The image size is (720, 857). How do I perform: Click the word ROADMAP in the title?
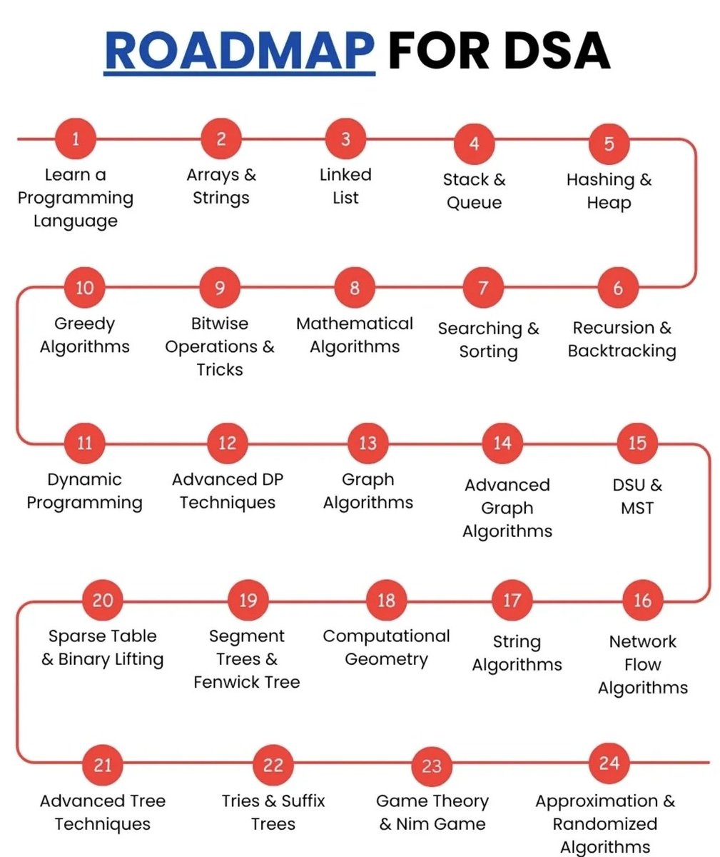(240, 50)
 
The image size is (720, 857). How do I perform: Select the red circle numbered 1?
(76, 139)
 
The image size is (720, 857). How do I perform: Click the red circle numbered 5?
(609, 144)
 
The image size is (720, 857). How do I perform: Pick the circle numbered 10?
(84, 288)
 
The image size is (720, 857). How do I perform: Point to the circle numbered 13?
(367, 443)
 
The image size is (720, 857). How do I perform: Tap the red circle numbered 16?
(642, 600)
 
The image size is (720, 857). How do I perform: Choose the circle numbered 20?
(103, 599)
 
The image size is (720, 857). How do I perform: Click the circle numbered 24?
(609, 763)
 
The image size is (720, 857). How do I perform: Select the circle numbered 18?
(386, 599)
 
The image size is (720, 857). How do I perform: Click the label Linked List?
(345, 186)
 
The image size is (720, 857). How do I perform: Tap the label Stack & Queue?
(474, 191)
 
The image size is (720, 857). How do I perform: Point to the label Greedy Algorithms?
(84, 335)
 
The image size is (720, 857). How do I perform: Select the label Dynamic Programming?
(84, 491)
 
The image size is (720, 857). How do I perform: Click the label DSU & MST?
(637, 496)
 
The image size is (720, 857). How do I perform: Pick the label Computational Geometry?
(386, 647)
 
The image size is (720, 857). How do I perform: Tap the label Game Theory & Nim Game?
(432, 812)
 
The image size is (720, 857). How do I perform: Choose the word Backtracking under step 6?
(622, 351)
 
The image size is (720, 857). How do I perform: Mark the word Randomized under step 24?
(604, 824)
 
